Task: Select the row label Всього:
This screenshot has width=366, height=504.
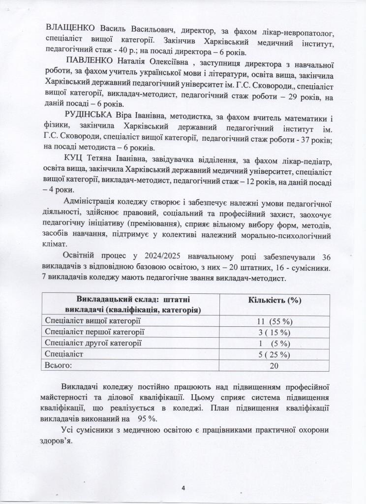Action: pos(59,365)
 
